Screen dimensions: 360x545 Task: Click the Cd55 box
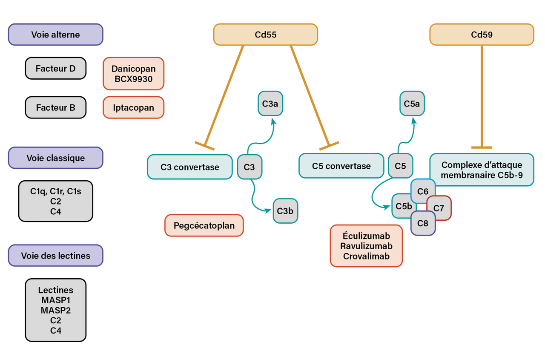pos(265,35)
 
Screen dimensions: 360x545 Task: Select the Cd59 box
pos(482,35)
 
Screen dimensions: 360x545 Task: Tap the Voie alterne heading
pos(55,35)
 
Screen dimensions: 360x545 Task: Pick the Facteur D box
pos(55,68)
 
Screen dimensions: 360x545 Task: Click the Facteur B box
pos(55,107)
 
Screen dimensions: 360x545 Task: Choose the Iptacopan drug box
pos(133,107)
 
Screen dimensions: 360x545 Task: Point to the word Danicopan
pos(133,69)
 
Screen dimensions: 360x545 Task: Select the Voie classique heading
pos(55,158)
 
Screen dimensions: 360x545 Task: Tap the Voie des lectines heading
pos(55,256)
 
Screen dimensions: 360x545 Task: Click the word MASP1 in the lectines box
pos(55,300)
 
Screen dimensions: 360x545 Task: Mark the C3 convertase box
pos(189,167)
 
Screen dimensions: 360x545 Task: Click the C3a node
pos(270,103)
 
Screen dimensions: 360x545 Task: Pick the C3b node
pos(285,210)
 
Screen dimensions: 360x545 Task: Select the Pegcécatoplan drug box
pos(204,225)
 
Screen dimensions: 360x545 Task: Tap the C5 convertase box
pos(341,166)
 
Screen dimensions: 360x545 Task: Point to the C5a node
pos(412,103)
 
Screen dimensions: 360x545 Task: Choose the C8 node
pos(423,223)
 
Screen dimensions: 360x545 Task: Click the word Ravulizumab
pos(366,246)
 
